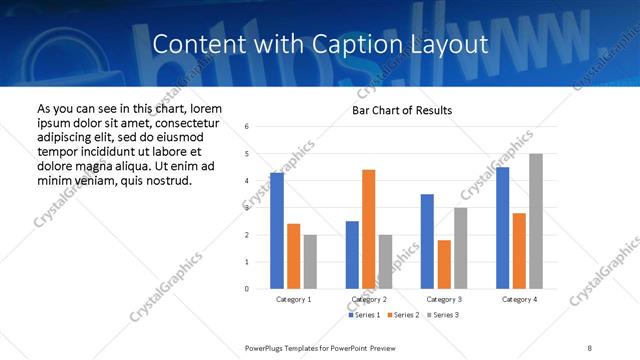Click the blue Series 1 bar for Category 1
[x=276, y=231]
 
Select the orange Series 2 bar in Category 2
[x=368, y=229]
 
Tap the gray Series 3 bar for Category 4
[x=536, y=221]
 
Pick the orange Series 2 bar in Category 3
[x=444, y=264]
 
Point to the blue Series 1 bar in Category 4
[x=502, y=228]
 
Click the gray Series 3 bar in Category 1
[x=310, y=262]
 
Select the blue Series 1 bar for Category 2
[x=352, y=255]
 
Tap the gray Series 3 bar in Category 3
[x=460, y=248]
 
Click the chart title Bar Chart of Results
[x=402, y=110]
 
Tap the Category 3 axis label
[x=443, y=299]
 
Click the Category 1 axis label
[x=293, y=299]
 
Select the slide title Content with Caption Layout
[x=320, y=44]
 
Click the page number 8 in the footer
[x=590, y=347]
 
